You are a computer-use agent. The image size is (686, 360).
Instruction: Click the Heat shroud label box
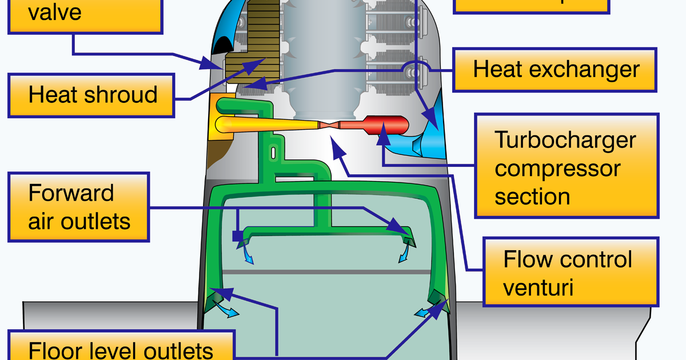tap(91, 95)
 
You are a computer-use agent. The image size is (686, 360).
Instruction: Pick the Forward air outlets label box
tap(78, 207)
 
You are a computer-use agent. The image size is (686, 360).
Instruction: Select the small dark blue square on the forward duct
tap(237, 235)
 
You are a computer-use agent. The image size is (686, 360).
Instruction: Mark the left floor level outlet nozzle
tap(216, 299)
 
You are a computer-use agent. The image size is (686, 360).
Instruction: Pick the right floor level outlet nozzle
tap(436, 298)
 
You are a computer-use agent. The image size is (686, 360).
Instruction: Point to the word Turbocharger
tap(565, 139)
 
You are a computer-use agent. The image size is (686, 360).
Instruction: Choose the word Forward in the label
tap(71, 193)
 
